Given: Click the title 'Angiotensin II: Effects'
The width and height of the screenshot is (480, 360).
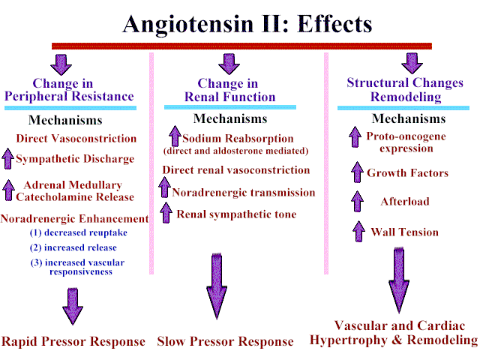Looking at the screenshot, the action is [247, 24].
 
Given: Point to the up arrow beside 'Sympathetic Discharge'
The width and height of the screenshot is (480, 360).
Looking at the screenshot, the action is [7, 159].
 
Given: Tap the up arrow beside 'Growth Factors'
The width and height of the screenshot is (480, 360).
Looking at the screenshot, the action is [357, 173].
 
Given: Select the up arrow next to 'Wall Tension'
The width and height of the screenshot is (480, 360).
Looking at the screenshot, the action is [357, 232].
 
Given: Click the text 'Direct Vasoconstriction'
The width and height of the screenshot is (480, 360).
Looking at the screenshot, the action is [76, 139].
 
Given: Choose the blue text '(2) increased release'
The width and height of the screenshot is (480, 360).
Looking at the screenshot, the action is [73, 247].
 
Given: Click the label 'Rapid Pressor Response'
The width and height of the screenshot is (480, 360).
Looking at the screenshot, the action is [73, 342].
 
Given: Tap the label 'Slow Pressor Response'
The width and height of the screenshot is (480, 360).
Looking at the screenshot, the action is [225, 342].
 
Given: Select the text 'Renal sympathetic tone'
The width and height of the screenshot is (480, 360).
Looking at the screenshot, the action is [236, 214].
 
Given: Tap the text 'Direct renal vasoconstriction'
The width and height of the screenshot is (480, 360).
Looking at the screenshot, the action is [236, 170].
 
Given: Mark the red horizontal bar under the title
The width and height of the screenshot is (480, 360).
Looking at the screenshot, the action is [241, 46].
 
